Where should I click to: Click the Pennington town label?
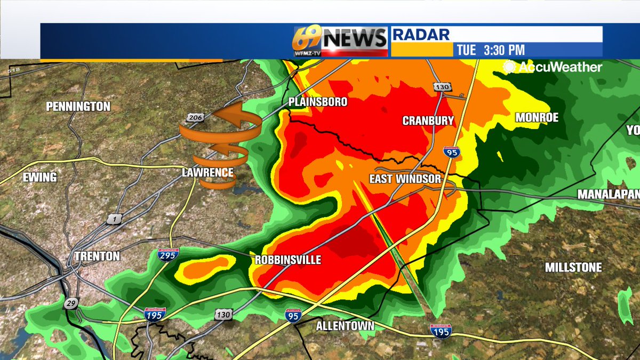pos(78,107)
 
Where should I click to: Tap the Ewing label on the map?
pos(40,178)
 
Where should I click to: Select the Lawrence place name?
pos(207,173)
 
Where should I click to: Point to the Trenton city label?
pos(97,257)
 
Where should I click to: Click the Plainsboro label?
pos(318,102)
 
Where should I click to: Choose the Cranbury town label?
pos(428,121)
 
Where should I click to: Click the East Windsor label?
pos(405,179)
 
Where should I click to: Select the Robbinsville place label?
pos(288,260)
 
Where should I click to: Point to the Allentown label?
pos(345,326)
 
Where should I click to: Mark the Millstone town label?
pos(573,268)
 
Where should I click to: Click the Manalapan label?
pos(609,195)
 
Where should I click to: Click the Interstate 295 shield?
pos(168,254)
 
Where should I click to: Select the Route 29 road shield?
pos(70,303)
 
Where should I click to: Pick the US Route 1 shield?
pos(113,219)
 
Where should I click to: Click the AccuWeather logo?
pos(553,67)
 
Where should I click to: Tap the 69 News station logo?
pos(340,41)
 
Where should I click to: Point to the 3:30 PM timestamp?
pos(504,51)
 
